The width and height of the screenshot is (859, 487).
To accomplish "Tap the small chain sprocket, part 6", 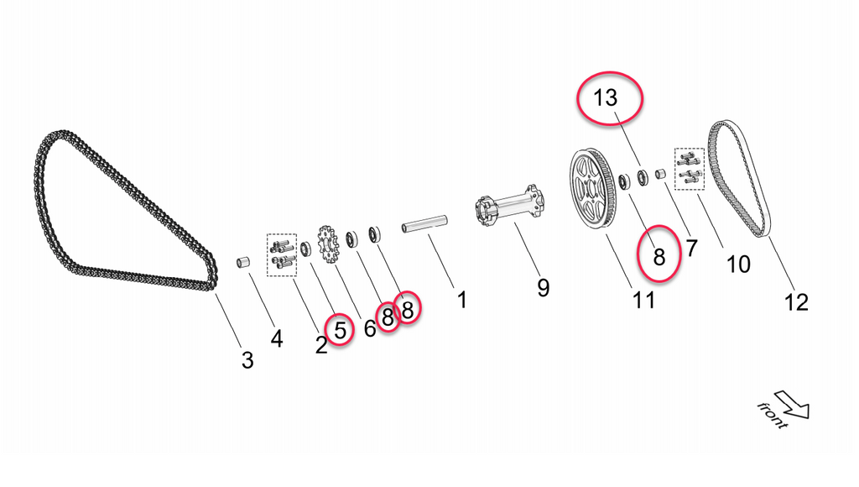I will coord(327,244).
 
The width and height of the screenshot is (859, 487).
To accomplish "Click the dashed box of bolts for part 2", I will coord(281,254).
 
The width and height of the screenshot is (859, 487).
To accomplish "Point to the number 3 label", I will coord(247,360).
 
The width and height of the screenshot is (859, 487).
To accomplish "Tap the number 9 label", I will coord(544,288).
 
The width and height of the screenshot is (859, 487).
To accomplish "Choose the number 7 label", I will coord(691,249).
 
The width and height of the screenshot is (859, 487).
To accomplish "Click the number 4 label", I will coord(277,338).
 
